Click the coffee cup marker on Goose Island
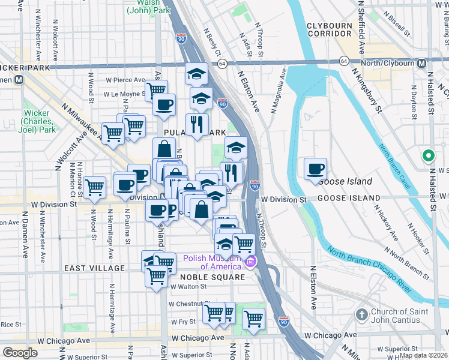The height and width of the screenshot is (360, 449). coord(315,169)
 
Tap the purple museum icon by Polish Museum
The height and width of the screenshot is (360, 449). coord(250,262)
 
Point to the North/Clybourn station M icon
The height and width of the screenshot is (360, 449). coord(421,63)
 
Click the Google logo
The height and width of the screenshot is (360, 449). coord(20,352)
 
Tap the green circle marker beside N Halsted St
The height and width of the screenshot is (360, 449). coord(428,157)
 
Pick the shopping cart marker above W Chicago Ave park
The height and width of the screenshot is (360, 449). coord(253,317)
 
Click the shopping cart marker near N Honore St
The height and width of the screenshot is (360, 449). coord(95,188)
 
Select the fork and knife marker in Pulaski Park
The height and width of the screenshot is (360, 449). coord(197,124)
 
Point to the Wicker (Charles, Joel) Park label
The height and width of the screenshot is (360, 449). coord(41,121)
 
